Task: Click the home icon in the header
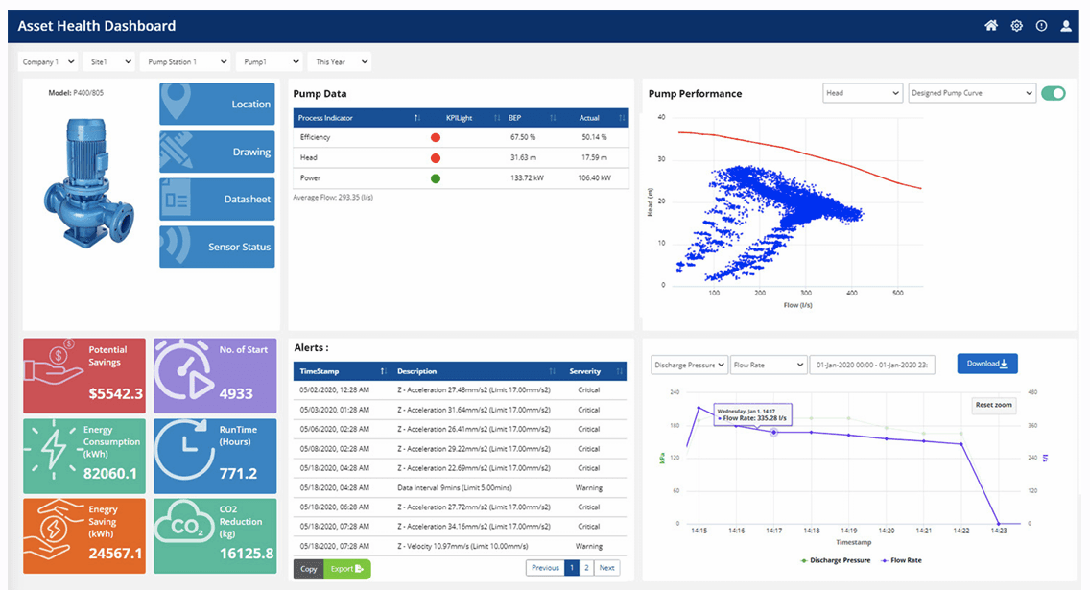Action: (991, 26)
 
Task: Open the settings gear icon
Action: (1016, 26)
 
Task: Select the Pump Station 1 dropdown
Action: (185, 62)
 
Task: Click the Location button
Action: (217, 104)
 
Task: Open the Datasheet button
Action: (217, 199)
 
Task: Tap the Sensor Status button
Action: (217, 247)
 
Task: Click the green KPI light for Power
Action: (435, 178)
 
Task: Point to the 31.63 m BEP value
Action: (524, 157)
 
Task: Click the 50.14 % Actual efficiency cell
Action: (594, 137)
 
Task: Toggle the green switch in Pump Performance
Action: (1053, 93)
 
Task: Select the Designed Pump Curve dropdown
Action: (971, 93)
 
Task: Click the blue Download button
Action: (986, 364)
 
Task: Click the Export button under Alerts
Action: (346, 569)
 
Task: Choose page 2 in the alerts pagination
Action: (587, 568)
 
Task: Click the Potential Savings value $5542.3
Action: (115, 393)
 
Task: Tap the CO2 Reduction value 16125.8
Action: (245, 553)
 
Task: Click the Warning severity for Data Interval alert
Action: (588, 487)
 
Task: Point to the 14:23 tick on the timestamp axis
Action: (999, 530)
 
